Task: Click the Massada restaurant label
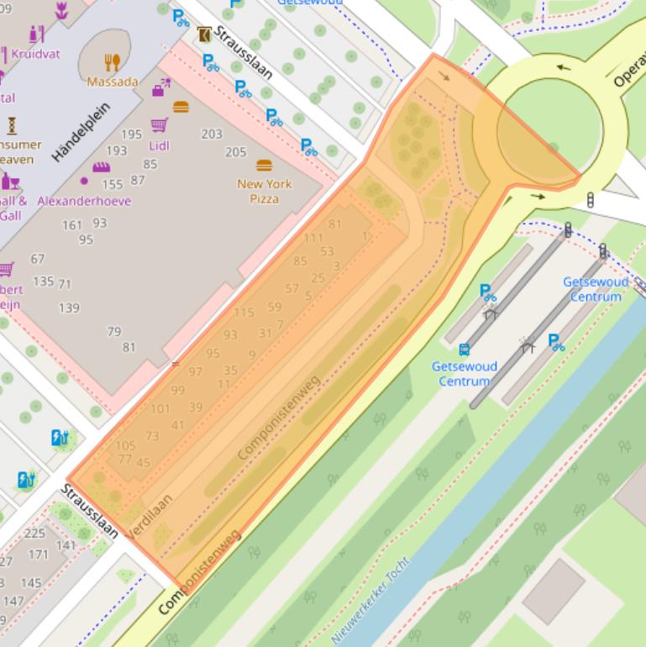(x=113, y=82)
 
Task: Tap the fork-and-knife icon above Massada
(x=113, y=62)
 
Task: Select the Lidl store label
(x=159, y=145)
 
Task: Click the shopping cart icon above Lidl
(x=159, y=125)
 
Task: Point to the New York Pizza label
(x=264, y=191)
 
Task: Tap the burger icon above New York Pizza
(x=265, y=165)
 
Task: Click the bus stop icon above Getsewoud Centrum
(x=464, y=350)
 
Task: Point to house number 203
(x=212, y=134)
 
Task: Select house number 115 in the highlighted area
(x=244, y=313)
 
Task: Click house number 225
(x=34, y=533)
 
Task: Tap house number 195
(x=131, y=134)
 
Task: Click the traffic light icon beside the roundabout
(x=590, y=199)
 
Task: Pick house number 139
(x=69, y=308)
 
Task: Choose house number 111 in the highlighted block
(x=313, y=238)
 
